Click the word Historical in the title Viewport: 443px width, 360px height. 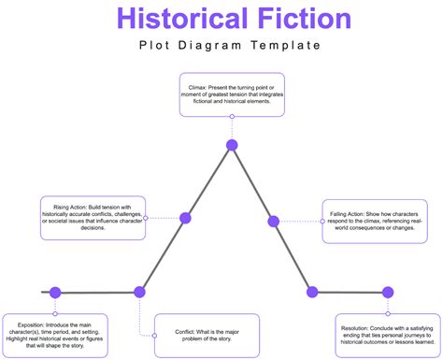tap(173, 18)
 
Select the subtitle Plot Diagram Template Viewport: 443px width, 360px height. tap(221, 45)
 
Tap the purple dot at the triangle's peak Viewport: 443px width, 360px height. tap(231, 145)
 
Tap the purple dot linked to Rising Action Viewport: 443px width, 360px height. tap(185, 218)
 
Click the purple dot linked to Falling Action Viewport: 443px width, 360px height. tap(274, 222)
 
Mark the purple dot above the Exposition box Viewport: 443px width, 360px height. tap(55, 292)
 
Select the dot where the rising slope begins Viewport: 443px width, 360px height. tap(140, 292)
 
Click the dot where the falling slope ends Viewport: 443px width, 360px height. tap(313, 293)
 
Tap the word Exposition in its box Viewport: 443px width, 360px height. tap(26, 323)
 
